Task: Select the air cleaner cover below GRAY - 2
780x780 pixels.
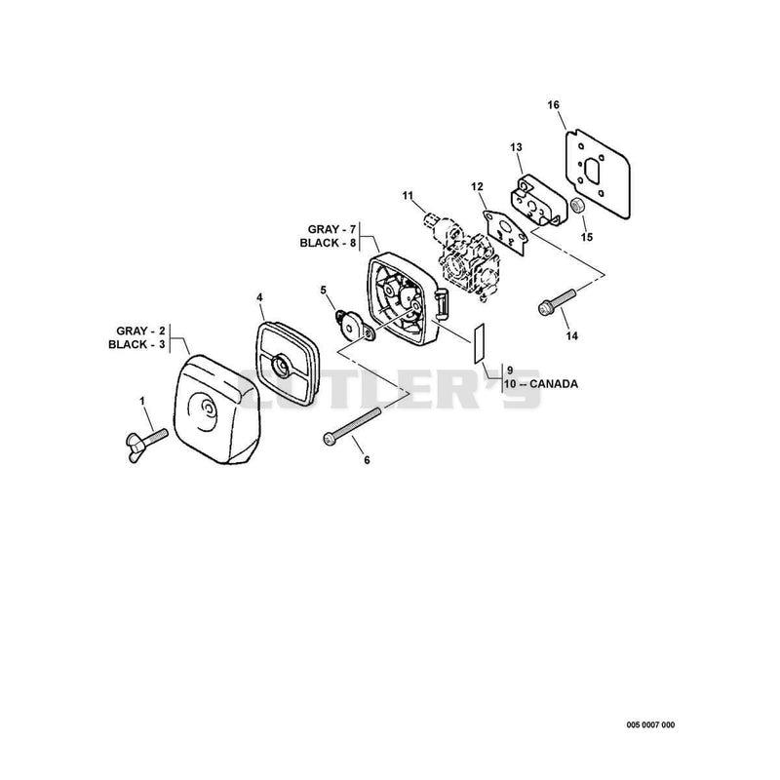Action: [x=216, y=409]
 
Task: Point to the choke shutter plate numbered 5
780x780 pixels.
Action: [x=354, y=327]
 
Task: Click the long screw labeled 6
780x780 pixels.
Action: [x=352, y=425]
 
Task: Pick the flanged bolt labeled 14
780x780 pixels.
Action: [x=557, y=301]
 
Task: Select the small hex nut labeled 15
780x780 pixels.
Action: [x=577, y=205]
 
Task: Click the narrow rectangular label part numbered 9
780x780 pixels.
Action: [x=479, y=343]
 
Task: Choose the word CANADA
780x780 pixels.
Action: [x=554, y=384]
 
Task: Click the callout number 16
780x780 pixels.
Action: [x=553, y=105]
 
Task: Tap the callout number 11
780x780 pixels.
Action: [x=408, y=196]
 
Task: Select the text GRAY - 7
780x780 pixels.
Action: [x=331, y=229]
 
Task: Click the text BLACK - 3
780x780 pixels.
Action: [x=136, y=344]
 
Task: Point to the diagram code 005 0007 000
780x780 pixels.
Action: [x=650, y=724]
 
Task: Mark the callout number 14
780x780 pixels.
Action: [x=572, y=335]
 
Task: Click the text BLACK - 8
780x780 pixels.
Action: [x=328, y=243]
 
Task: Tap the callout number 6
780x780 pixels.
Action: [x=368, y=460]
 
